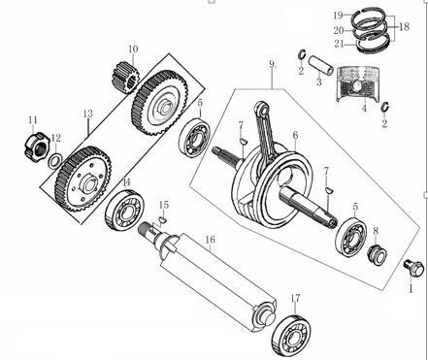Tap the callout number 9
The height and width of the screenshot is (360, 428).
pyautogui.click(x=273, y=65)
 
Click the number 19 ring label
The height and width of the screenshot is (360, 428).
pyautogui.click(x=338, y=15)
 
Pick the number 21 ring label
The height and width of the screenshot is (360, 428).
pyautogui.click(x=338, y=43)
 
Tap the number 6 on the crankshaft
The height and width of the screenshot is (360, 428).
pyautogui.click(x=295, y=135)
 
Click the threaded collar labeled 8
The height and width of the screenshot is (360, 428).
pyautogui.click(x=371, y=255)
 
